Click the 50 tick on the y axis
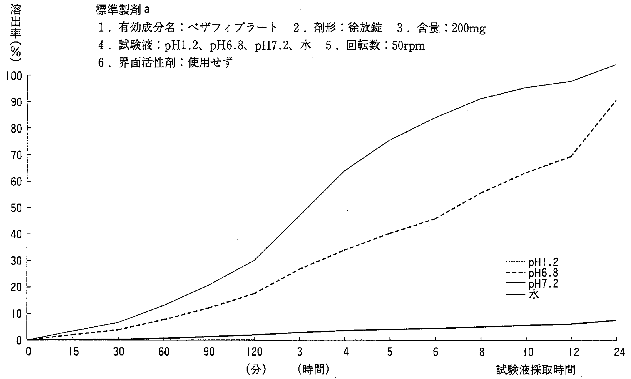[x=16, y=208]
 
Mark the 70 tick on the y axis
[x=16, y=155]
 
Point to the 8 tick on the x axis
[x=481, y=352]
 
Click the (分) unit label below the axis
[x=256, y=370]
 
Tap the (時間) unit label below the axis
[x=313, y=370]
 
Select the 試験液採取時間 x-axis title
[x=535, y=370]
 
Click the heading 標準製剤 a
[x=122, y=10]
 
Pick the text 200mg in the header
[x=469, y=28]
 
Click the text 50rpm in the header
[x=408, y=46]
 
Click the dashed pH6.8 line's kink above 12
[x=571, y=156]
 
